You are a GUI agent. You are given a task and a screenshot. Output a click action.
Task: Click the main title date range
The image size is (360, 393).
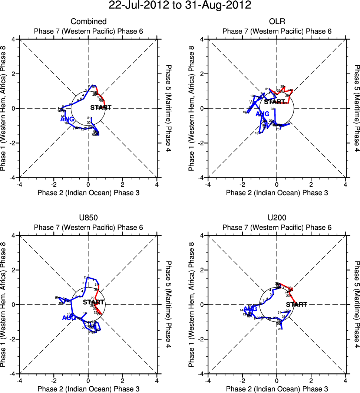[x=180, y=6]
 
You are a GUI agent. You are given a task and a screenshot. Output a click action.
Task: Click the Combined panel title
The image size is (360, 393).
[x=88, y=22]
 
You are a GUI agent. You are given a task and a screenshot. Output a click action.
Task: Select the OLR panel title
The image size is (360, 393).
[x=277, y=22]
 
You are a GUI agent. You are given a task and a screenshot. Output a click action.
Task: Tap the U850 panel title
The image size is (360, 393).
[x=88, y=218]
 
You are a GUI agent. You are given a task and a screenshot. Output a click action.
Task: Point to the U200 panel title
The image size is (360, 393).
[x=277, y=218]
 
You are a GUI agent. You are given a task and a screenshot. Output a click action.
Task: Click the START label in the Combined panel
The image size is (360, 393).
[x=101, y=108]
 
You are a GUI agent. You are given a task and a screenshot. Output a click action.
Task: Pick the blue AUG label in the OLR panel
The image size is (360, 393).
[x=262, y=114]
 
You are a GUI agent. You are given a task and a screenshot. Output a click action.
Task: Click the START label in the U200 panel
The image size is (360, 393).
[x=297, y=305]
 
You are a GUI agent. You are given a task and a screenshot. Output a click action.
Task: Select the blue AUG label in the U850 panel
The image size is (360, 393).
[x=69, y=318]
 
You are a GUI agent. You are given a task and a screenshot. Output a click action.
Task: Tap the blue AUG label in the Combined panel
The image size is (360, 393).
[x=67, y=119]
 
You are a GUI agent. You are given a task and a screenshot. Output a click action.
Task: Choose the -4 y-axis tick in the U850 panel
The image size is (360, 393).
[x=12, y=374]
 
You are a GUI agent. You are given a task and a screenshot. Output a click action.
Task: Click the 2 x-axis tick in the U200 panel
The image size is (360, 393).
[x=311, y=380]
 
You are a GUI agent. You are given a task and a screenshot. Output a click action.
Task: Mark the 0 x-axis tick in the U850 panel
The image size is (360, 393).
[x=88, y=380]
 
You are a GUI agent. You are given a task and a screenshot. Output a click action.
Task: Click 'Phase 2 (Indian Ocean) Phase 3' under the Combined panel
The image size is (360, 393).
[x=88, y=193]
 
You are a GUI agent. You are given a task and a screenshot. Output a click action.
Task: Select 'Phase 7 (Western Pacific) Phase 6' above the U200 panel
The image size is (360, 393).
[x=277, y=227]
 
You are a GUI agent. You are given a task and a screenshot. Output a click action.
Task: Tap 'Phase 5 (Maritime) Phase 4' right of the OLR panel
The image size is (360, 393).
[x=356, y=108]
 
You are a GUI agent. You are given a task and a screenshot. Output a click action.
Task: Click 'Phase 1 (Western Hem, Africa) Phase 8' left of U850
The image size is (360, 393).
[x=4, y=304]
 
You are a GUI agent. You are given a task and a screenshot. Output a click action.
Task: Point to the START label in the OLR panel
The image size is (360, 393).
[x=274, y=102]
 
